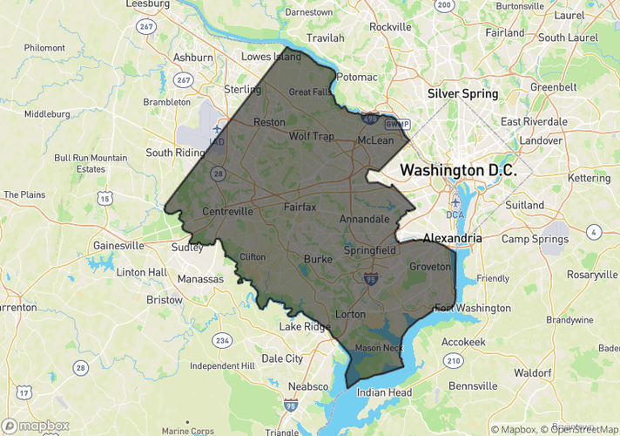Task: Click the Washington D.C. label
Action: click(458, 170)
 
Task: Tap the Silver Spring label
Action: click(462, 93)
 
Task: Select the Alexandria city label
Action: click(452, 237)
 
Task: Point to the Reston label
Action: click(268, 123)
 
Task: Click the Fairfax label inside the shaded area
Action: click(300, 208)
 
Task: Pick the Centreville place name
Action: click(227, 212)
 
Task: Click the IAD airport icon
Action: click(215, 128)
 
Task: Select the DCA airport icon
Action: click(455, 202)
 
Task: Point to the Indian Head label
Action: click(384, 392)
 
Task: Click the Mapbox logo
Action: click(35, 426)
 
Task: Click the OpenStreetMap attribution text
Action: click(577, 428)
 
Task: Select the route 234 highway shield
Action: click(224, 340)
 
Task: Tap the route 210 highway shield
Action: click(453, 360)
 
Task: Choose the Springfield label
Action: click(369, 249)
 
